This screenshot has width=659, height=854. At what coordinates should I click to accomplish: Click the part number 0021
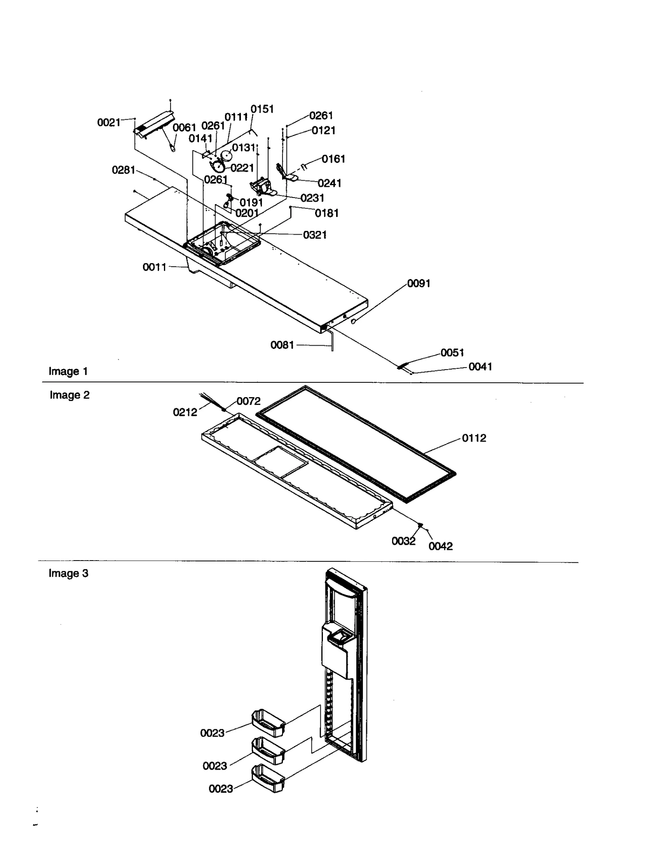click(108, 122)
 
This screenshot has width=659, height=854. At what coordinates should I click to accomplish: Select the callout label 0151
click(262, 109)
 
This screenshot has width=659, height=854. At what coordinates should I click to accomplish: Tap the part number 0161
click(333, 159)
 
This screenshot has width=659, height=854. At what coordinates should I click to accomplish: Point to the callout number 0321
click(315, 235)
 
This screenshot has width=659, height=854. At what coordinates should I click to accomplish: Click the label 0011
click(154, 267)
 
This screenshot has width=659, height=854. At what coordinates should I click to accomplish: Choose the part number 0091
click(418, 284)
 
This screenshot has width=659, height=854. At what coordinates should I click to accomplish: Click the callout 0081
click(282, 345)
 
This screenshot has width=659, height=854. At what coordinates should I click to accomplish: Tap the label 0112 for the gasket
click(474, 438)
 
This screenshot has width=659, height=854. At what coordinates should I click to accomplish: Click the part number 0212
click(185, 412)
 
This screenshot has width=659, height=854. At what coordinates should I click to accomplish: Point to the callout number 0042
click(440, 546)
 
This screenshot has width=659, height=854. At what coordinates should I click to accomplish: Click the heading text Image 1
click(68, 371)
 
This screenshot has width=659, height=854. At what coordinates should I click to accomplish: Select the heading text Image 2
click(69, 395)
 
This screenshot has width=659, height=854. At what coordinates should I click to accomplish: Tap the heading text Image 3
click(68, 573)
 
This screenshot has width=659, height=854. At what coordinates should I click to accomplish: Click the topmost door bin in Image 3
click(268, 723)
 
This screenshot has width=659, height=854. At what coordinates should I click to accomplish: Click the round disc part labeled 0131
click(227, 156)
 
